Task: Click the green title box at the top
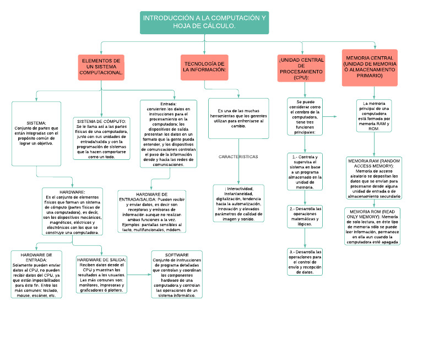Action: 204,22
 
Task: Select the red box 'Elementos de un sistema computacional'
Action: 101,67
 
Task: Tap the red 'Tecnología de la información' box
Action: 204,67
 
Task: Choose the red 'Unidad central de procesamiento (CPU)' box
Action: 301,68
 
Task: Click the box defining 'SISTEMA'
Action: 36,133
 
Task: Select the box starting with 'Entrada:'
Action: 168,134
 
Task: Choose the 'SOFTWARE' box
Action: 176,274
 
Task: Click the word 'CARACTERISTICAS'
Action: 238,157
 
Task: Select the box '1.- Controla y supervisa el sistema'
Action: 305,172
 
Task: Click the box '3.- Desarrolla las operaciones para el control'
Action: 305,262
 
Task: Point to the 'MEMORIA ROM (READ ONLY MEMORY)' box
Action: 373,226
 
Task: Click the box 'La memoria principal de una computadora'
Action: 373,115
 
